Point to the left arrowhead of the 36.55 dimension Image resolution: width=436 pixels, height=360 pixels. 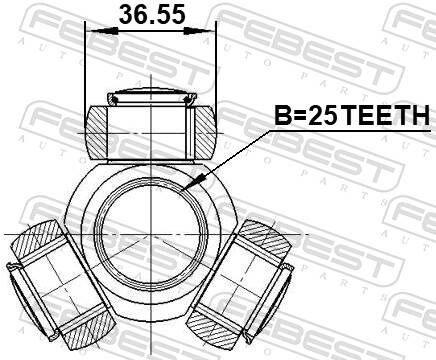pyautogui.click(x=94, y=30)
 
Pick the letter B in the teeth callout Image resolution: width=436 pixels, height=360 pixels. pyautogui.click(x=282, y=117)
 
